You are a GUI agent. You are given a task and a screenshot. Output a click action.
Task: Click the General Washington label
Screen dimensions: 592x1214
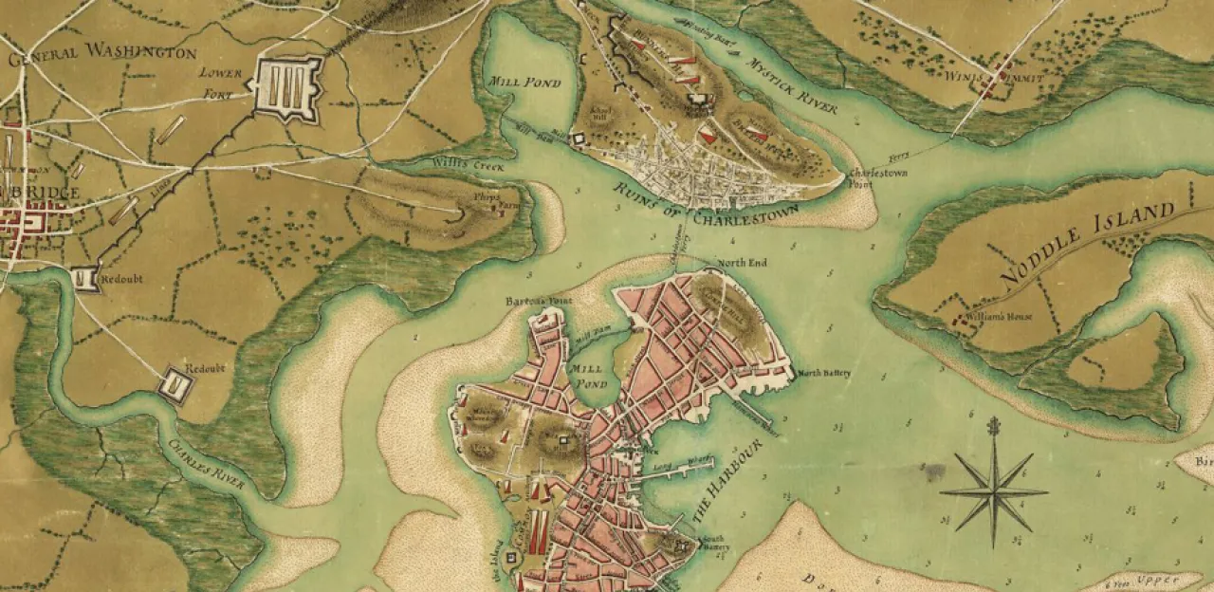(102, 53)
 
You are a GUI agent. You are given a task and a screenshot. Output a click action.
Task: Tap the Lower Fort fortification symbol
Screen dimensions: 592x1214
(285, 87)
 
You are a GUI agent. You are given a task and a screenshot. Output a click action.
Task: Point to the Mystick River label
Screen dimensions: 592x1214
(792, 90)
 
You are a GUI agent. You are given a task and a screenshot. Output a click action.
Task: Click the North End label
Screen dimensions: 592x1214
(743, 263)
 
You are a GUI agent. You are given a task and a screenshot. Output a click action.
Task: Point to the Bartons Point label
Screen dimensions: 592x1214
(539, 301)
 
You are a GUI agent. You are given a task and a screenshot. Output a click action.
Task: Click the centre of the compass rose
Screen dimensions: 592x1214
(993, 490)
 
